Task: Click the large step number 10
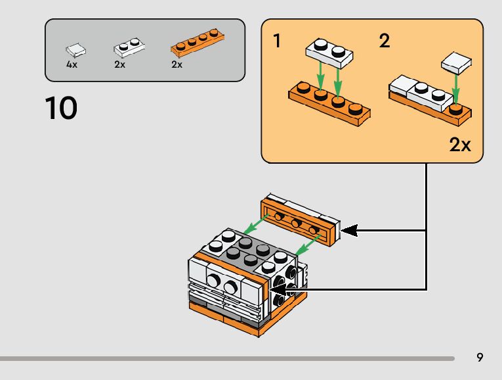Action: (x=61, y=108)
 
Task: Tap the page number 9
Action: (x=480, y=358)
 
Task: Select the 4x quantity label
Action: (x=72, y=64)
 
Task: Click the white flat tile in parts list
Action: (x=75, y=49)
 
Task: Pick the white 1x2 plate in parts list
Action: (x=129, y=47)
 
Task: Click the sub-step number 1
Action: (x=277, y=41)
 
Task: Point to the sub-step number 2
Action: (x=385, y=41)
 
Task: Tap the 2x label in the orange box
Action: (x=460, y=145)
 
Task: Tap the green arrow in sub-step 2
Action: (x=455, y=89)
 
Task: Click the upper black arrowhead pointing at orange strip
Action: (x=350, y=230)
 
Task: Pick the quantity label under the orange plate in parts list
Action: (x=177, y=64)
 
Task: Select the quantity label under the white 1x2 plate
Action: (x=119, y=64)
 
